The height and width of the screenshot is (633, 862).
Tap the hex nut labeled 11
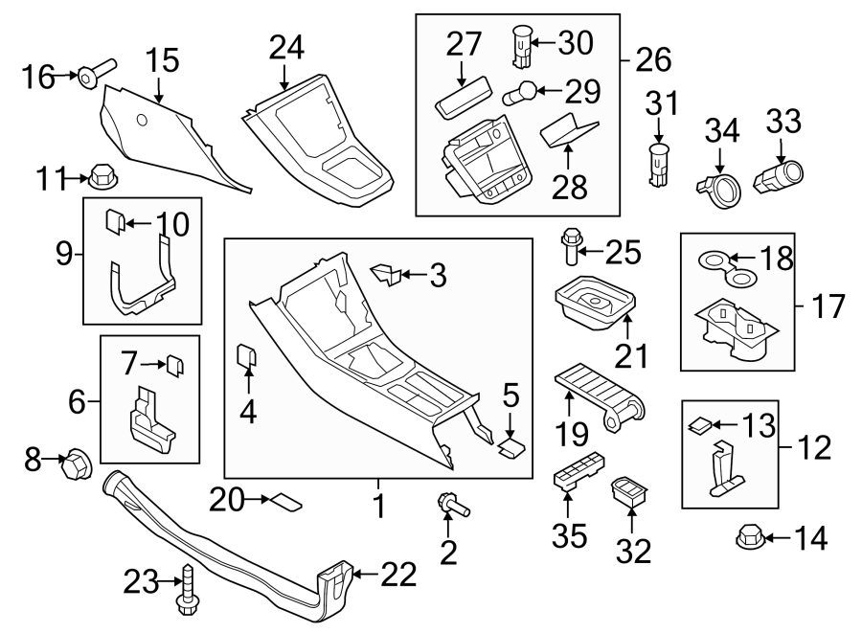coord(100,176)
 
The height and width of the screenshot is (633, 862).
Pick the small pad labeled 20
coord(288,499)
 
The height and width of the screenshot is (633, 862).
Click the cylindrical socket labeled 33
coord(781,176)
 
